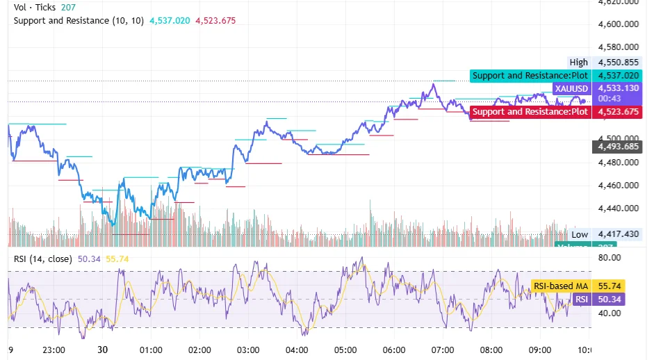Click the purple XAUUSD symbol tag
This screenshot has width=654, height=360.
571,89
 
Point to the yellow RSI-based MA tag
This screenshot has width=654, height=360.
560,286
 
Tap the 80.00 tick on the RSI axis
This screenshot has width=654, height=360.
609,258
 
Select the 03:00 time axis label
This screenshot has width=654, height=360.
248,350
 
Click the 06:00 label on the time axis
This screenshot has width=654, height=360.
394,350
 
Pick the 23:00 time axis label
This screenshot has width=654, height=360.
54,350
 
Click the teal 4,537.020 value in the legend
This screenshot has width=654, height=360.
169,21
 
